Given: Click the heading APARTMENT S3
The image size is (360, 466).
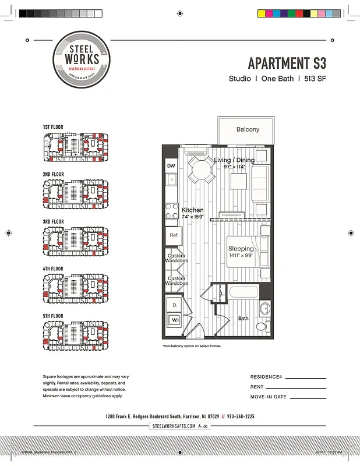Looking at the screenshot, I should [287, 63].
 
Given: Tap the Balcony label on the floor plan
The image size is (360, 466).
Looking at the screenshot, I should [248, 129].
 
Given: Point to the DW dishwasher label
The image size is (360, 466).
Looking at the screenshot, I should [171, 166].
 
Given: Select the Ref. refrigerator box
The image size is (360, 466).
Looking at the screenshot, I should [174, 235].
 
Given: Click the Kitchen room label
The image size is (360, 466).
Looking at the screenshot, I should [193, 210].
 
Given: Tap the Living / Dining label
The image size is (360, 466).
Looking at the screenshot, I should [234, 160].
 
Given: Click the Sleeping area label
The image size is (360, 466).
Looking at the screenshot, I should [241, 249].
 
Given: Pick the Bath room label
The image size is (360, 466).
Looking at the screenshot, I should [243, 318].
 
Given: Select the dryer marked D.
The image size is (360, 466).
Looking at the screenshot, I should [175, 305].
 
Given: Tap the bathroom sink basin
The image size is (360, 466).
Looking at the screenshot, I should [264, 309].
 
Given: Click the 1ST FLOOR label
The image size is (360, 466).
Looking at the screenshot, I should [53, 126].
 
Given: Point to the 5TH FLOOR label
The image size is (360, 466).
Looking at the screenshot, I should [53, 316].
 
